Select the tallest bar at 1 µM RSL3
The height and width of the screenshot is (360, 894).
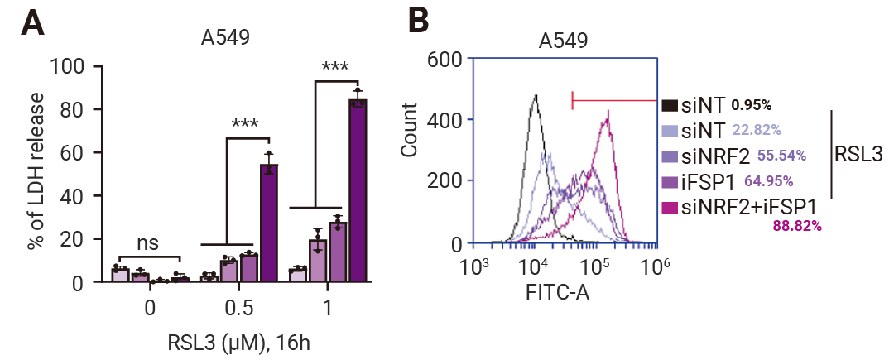[x=358, y=190]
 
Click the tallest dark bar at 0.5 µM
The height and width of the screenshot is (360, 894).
[x=269, y=223]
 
